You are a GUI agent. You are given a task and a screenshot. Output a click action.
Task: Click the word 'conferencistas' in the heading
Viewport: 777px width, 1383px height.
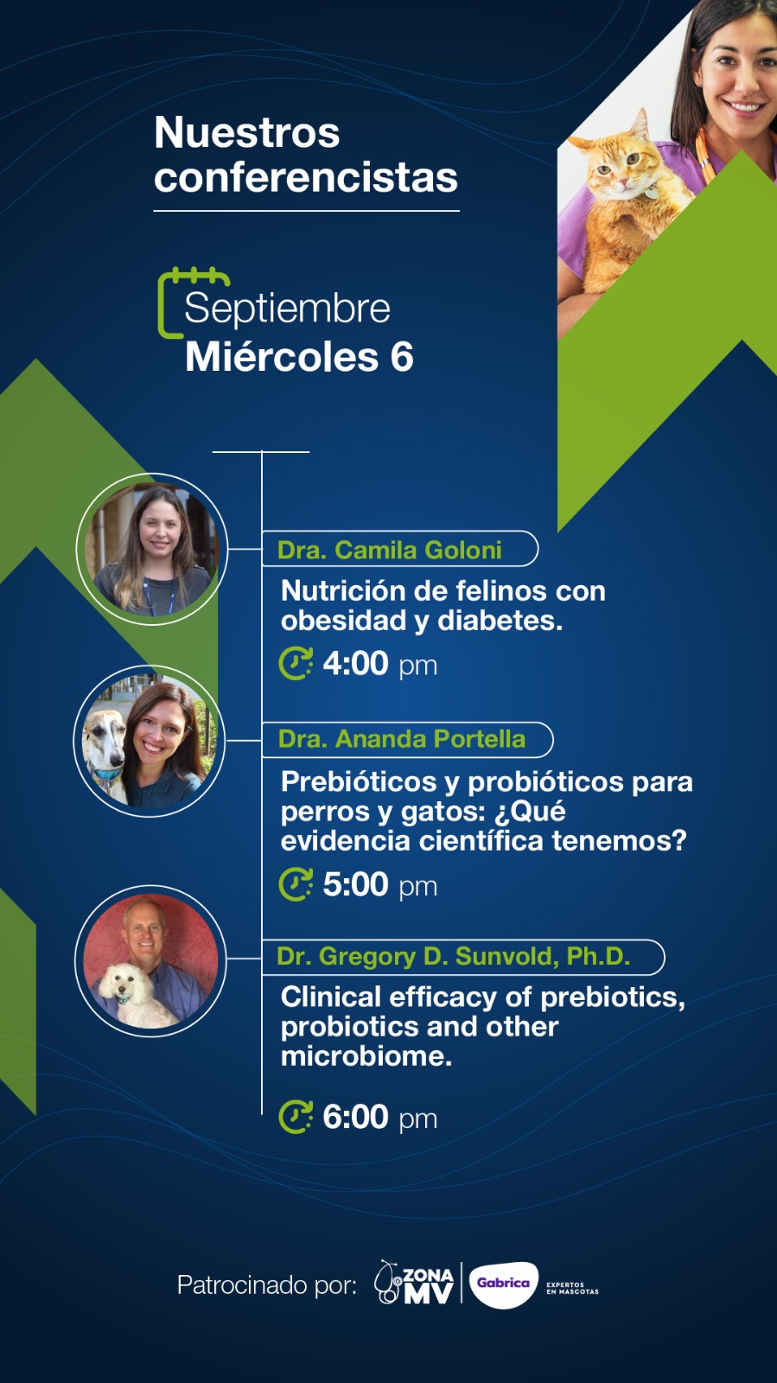[306, 177]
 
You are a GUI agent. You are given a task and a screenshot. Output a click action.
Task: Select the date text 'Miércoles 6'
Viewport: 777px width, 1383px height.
[299, 357]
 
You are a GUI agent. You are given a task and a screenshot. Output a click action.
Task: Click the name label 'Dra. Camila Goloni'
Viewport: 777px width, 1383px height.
[390, 550]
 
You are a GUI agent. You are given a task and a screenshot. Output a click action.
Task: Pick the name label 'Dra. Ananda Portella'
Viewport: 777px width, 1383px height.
[402, 739]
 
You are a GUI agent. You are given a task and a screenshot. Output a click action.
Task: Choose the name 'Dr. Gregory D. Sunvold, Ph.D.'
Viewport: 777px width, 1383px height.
[454, 956]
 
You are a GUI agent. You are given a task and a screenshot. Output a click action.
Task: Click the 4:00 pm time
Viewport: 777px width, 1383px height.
[379, 664]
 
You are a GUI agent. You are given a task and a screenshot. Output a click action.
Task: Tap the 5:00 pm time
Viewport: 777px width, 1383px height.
[379, 884]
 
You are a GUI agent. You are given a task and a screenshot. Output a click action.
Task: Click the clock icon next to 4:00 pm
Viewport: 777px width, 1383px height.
[296, 664]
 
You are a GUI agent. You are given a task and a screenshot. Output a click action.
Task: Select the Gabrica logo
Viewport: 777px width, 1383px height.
[503, 1284]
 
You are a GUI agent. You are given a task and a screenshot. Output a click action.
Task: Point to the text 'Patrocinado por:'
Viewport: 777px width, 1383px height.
[266, 1284]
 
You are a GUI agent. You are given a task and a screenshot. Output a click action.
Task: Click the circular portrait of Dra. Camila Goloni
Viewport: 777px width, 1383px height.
[152, 549]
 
